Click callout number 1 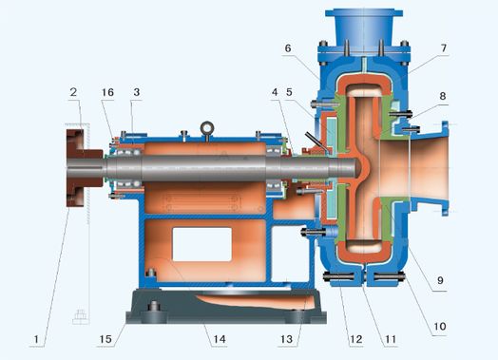[36, 339]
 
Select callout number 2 [73, 92]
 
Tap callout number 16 [107, 92]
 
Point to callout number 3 [137, 92]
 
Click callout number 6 [288, 48]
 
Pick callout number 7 [444, 47]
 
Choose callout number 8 [443, 96]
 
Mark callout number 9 [440, 280]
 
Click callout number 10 [440, 326]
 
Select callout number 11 [391, 339]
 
